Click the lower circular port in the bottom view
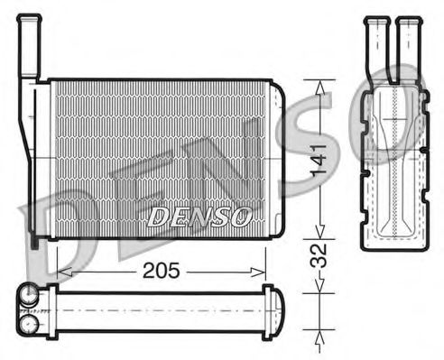(29, 320)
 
